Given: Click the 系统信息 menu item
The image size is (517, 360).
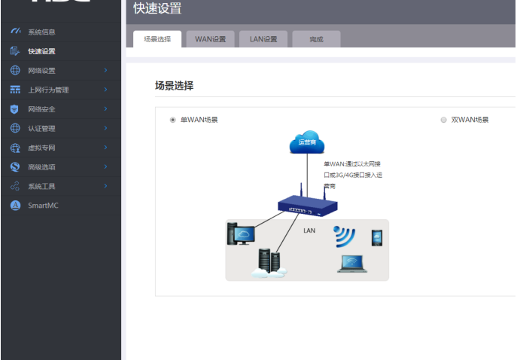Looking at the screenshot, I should click(x=41, y=32).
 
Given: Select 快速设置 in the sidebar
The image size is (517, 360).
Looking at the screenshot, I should click(x=41, y=51).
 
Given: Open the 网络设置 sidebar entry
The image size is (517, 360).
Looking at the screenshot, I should click(x=41, y=71).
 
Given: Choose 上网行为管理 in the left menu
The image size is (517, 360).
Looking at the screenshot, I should click(x=47, y=90).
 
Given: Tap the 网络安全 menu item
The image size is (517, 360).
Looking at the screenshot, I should click(x=41, y=109).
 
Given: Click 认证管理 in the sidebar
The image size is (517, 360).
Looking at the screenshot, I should click(x=41, y=128).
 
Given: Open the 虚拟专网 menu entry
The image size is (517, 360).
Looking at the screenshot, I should click(x=41, y=148).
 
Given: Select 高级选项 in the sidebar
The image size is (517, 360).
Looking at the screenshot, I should click(x=41, y=166).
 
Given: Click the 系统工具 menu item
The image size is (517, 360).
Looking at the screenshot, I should click(x=41, y=186).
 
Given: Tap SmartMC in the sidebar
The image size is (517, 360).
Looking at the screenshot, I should click(x=43, y=205).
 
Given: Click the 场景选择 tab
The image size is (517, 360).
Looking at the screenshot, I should click(x=157, y=39).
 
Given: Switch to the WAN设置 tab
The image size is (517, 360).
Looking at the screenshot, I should click(x=210, y=39).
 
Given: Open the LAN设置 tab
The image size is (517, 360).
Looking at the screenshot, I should click(x=263, y=39).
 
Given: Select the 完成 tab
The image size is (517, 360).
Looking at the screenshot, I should click(x=316, y=39).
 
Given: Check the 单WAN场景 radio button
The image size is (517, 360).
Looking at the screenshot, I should click(x=173, y=120).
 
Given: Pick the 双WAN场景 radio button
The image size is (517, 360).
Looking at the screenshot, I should click(x=444, y=120).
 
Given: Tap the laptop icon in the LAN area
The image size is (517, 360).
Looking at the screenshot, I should click(x=351, y=263).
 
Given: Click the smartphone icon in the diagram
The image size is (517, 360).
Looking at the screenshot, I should click(x=377, y=238).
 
